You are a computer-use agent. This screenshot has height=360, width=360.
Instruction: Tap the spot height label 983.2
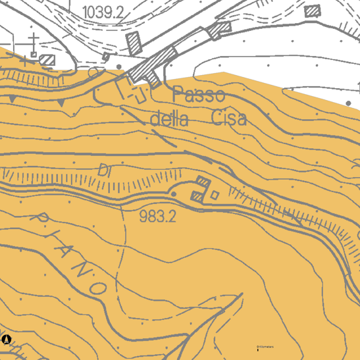tap(158, 216)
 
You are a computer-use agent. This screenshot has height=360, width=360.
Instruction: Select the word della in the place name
tap(170, 120)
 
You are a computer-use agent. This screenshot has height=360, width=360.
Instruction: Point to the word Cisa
tap(230, 118)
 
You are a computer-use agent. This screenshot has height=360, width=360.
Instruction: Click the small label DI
tap(104, 170)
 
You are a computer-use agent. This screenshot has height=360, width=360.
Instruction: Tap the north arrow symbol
tap(7, 340)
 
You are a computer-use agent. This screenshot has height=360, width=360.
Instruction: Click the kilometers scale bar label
tap(265, 346)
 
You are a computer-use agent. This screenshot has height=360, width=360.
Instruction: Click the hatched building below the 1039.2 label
tap(135, 43)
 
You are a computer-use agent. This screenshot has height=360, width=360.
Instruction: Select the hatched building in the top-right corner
tap(313, 11)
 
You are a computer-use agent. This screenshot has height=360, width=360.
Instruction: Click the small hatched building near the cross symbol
tap(48, 60)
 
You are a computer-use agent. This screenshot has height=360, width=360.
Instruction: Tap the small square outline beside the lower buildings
tap(215, 194)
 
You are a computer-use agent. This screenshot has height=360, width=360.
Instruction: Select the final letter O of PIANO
tap(99, 288)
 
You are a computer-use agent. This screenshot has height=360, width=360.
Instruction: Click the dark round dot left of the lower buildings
tap(174, 194)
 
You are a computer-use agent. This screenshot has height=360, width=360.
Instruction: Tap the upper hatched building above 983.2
tap(203, 182)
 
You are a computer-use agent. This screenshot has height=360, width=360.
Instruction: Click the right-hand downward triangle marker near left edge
tap(61, 104)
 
